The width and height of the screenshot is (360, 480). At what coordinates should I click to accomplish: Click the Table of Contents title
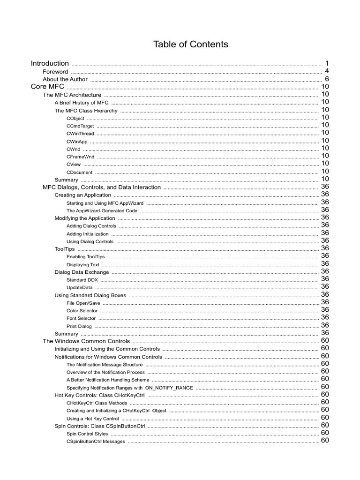191,45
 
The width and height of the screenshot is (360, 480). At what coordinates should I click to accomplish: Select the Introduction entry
50,63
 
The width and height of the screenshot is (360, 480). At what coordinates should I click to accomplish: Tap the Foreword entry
55,72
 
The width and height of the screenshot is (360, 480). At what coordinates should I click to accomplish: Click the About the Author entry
65,79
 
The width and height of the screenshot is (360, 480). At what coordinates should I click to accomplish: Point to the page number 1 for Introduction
327,63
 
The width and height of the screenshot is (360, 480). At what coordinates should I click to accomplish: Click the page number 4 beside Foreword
327,71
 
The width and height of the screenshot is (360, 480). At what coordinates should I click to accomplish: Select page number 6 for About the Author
327,79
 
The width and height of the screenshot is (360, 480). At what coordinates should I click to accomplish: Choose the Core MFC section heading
47,87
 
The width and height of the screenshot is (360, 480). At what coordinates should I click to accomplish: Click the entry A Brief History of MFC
82,103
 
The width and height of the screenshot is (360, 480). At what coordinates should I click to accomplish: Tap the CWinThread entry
80,134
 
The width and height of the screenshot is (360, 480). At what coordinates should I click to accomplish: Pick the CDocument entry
79,172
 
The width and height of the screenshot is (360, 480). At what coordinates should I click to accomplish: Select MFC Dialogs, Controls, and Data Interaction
102,187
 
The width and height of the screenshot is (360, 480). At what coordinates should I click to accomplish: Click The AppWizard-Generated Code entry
102,211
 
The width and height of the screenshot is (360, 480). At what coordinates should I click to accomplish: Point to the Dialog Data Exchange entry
82,272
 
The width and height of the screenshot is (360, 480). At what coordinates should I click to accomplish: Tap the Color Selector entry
82,311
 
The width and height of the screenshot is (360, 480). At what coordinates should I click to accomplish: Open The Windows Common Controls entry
86,341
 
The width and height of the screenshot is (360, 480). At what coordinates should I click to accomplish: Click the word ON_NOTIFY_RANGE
169,388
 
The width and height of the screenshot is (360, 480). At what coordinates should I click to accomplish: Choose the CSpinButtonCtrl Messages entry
96,442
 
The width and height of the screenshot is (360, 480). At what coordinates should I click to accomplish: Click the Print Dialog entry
79,326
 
